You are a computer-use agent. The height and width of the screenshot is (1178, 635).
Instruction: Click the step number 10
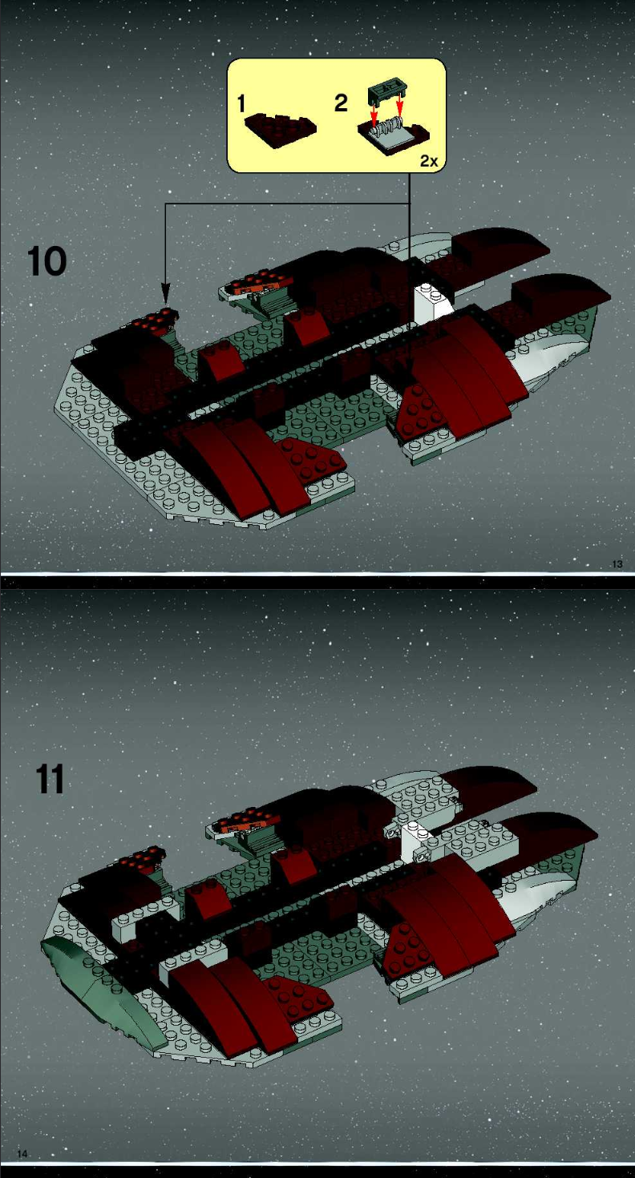pyautogui.click(x=47, y=261)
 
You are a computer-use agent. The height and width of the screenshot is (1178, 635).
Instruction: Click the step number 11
pyautogui.click(x=50, y=779)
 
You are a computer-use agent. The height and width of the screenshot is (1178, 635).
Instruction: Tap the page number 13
pyautogui.click(x=617, y=564)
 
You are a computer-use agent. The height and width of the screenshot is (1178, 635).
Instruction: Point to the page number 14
pyautogui.click(x=22, y=1154)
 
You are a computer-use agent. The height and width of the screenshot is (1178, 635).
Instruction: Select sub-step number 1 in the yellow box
pyautogui.click(x=241, y=103)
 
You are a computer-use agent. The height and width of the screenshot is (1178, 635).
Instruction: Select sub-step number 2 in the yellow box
pyautogui.click(x=341, y=103)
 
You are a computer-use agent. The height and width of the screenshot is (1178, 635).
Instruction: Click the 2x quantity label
pyautogui.click(x=429, y=161)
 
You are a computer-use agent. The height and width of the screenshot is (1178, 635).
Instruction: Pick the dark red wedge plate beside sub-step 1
pyautogui.click(x=281, y=127)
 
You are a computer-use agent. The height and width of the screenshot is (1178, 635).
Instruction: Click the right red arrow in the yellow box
pyautogui.click(x=399, y=105)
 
